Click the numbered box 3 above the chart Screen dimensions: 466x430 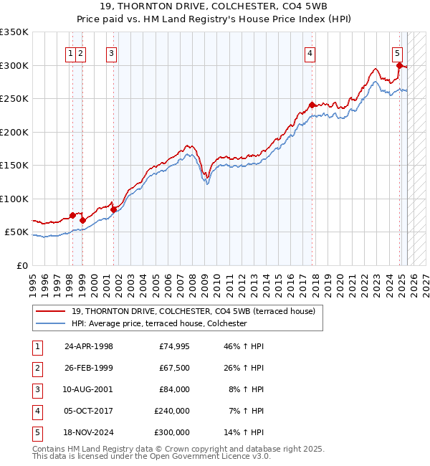coord(112,52)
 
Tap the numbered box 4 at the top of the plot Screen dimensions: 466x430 coord(310,52)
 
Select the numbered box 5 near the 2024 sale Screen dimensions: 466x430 coord(397,52)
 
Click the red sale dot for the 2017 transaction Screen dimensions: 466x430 coord(312,105)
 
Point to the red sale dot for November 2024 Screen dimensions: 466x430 coord(399,65)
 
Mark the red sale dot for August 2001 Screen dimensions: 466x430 coord(113,209)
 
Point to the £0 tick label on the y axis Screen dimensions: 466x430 coord(21,266)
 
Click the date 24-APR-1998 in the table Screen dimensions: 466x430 coord(89,346)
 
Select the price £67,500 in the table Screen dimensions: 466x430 coord(173,368)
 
